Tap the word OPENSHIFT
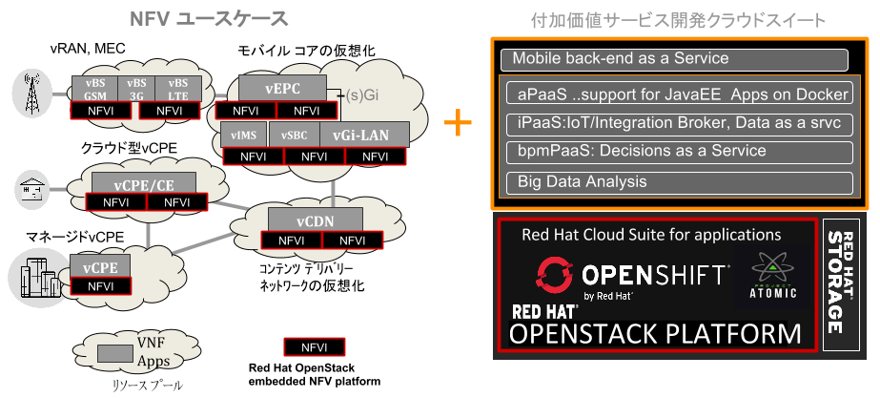point(653,277)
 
